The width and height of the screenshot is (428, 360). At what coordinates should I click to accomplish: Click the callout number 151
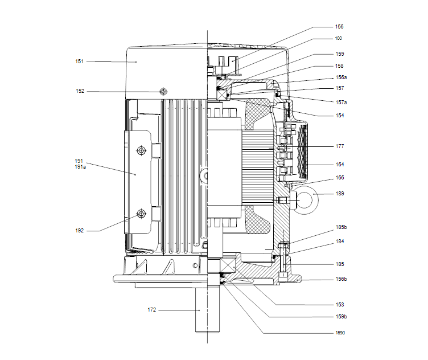point(80,61)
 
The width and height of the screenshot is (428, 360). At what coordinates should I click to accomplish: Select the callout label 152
point(80,91)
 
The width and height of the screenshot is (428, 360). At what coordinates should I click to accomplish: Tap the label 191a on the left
point(80,167)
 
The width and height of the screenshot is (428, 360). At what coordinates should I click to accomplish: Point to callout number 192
point(80,231)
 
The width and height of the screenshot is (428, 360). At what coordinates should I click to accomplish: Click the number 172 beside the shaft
point(152,310)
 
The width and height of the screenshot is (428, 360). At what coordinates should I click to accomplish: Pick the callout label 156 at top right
point(339,27)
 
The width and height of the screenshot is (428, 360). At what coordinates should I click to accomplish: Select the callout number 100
point(339,38)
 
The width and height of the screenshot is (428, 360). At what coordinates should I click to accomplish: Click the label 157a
point(341,102)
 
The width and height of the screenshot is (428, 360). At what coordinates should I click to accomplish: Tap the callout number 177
point(339,146)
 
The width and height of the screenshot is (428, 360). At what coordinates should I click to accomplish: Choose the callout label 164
point(339,165)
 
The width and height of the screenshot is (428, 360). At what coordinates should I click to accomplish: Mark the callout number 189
point(339,194)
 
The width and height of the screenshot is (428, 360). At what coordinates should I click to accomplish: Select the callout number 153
point(339,305)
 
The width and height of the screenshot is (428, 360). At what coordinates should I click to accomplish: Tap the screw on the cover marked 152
point(164,91)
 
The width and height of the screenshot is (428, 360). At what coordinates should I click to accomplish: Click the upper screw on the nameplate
point(141,150)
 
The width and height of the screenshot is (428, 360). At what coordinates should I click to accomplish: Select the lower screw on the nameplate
point(141,214)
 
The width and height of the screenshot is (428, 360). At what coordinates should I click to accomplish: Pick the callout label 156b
point(341,280)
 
